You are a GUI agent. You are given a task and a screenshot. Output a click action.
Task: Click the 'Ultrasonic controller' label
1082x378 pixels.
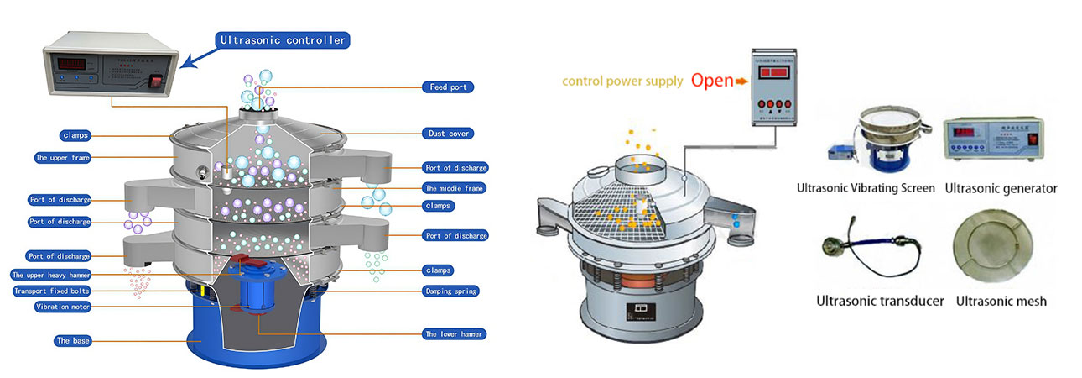[282, 39]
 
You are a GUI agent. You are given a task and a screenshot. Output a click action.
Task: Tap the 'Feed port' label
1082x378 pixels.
[448, 87]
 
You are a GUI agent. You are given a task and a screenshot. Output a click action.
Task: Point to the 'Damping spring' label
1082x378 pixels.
[450, 291]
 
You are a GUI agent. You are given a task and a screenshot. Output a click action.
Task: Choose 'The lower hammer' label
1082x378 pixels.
[454, 333]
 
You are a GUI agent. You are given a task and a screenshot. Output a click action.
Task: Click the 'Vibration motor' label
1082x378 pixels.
[63, 307]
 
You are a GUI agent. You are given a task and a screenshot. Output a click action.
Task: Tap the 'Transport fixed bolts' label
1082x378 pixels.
[63, 291]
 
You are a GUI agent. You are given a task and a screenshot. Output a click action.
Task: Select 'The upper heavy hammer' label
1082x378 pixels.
[63, 275]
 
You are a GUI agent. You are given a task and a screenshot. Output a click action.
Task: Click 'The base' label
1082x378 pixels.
[74, 340]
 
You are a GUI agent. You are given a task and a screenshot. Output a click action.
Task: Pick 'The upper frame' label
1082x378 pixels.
[63, 157]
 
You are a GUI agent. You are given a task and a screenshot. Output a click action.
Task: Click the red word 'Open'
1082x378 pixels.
[713, 81]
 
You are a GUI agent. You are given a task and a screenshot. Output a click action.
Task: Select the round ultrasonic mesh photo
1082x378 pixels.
[992, 250]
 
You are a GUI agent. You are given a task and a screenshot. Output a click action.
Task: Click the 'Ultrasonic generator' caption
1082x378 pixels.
[1001, 188]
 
